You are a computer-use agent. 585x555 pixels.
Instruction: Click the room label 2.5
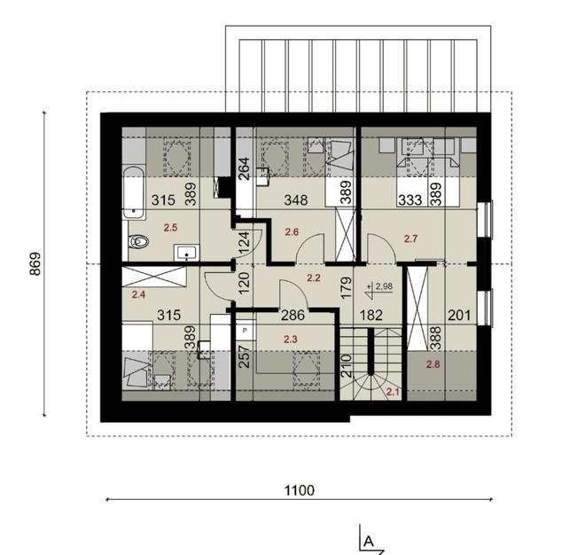170,226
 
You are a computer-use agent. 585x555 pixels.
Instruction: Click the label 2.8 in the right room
433,364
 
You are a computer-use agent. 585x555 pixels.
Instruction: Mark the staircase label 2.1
393,392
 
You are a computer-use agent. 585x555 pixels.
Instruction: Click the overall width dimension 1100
300,489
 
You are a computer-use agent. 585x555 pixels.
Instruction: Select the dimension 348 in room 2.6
285,199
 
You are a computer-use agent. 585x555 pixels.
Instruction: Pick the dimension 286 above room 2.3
269,314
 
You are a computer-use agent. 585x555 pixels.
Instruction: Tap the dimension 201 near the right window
458,314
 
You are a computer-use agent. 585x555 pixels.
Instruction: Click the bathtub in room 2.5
134,190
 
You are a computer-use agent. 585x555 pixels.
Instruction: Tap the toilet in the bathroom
139,240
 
